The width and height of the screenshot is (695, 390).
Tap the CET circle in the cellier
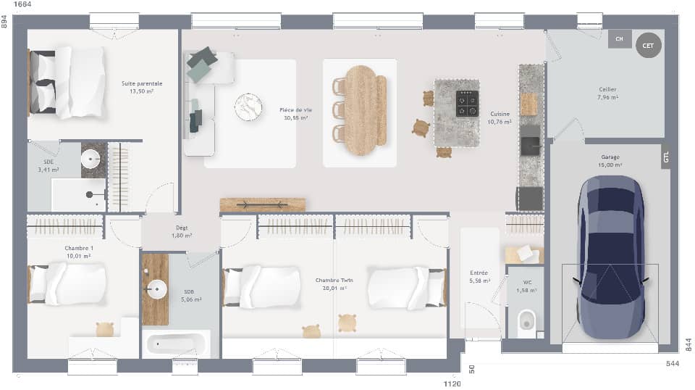(x=648, y=46)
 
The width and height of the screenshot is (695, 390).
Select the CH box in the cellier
(x=619, y=38)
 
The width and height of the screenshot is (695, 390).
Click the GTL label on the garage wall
(x=665, y=157)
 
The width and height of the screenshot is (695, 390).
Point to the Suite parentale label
(x=141, y=88)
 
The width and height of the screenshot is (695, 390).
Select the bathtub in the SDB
(x=174, y=343)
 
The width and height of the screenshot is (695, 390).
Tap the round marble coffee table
(x=248, y=107)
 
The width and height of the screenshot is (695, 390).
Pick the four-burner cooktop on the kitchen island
(x=467, y=104)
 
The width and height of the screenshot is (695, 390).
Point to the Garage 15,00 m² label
(x=610, y=161)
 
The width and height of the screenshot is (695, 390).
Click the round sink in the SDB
(x=156, y=290)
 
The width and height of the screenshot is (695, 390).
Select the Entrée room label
(x=480, y=276)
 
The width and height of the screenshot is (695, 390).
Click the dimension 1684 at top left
(x=23, y=6)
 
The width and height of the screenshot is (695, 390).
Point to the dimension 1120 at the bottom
(x=452, y=383)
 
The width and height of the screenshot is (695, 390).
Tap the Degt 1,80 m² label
(x=181, y=231)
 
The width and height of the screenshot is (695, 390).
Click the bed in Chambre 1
(x=68, y=284)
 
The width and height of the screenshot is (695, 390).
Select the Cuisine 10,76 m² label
(x=500, y=118)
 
